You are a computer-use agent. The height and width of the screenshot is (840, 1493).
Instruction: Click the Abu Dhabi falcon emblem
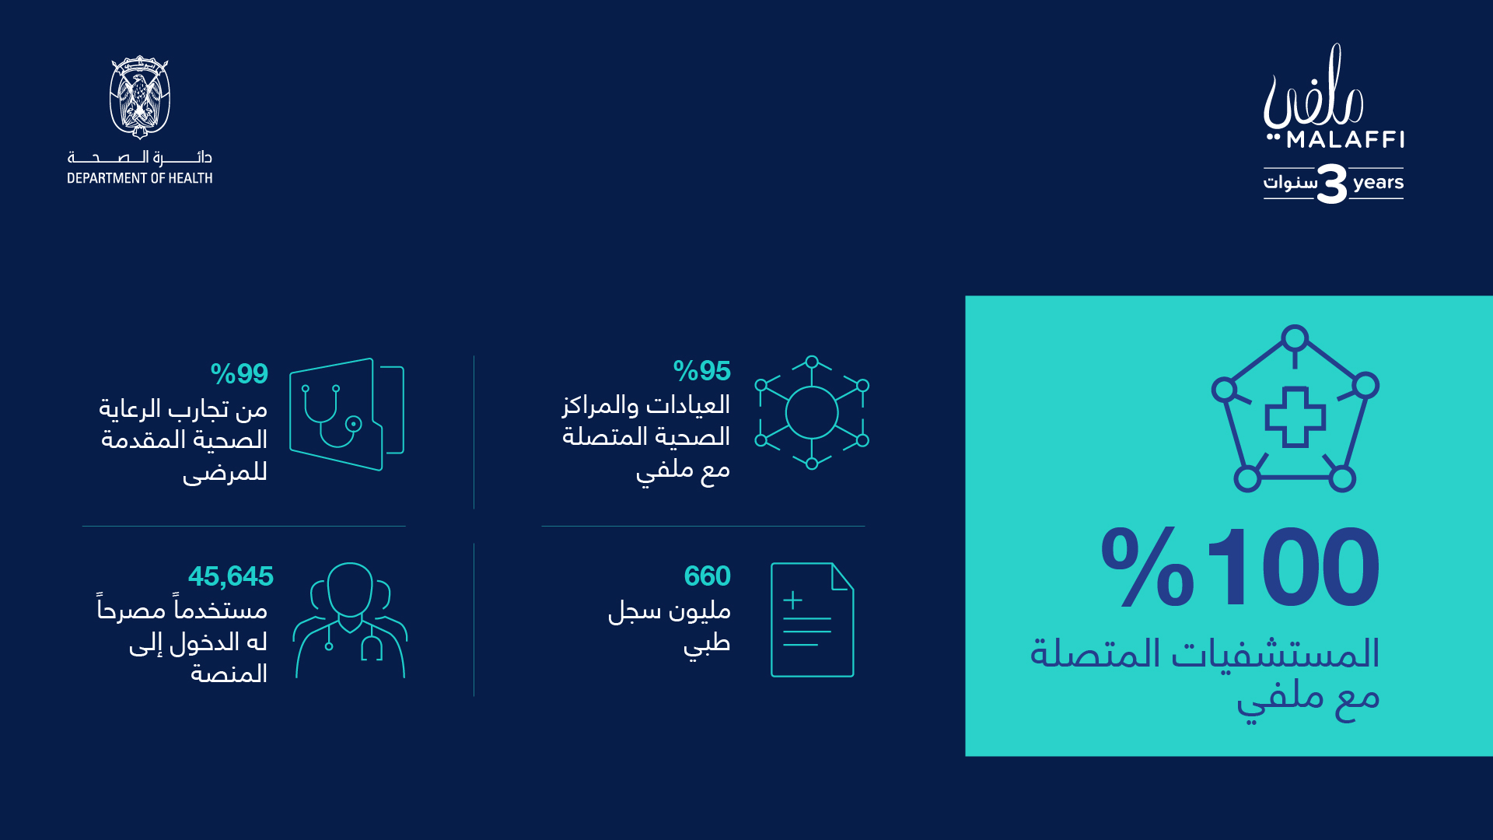[140, 97]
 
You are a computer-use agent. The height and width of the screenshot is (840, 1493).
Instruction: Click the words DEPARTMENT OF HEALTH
[140, 178]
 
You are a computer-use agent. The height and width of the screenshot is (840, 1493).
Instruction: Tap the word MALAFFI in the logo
[1345, 140]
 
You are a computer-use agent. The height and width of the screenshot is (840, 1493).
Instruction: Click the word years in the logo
[1378, 183]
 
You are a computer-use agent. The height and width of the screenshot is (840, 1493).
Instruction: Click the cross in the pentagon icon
[1295, 417]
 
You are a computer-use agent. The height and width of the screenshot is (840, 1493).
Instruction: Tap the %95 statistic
[702, 371]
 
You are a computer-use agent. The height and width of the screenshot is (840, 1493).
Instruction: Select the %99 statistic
[240, 374]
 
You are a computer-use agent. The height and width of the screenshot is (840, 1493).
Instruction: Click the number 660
[708, 576]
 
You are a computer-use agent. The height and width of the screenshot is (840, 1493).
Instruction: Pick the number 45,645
[231, 576]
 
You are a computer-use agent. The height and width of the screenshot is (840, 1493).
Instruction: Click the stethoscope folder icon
[347, 415]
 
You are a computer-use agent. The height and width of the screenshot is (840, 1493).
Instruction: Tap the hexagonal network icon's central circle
[812, 413]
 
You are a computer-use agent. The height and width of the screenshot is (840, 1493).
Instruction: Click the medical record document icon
[813, 620]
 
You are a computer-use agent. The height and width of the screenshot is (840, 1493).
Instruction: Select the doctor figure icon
[350, 621]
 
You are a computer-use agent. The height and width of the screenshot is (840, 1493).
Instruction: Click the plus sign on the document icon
[792, 600]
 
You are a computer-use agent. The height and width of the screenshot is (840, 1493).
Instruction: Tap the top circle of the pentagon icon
[1295, 339]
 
